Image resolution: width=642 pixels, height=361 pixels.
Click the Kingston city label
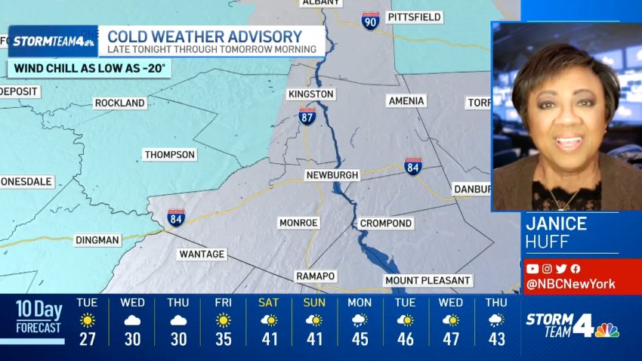(310, 94)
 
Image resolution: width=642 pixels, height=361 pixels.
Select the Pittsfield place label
(413, 17)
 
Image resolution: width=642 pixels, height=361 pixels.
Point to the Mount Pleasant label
(427, 280)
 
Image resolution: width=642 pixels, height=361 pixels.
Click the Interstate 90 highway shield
(370, 20)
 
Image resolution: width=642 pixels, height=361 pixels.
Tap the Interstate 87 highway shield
(307, 116)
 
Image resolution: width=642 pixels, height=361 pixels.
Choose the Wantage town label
(202, 254)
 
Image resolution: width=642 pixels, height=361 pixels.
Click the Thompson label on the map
(170, 154)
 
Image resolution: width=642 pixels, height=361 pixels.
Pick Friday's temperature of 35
(223, 339)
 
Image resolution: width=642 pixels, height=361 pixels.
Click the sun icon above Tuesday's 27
(88, 320)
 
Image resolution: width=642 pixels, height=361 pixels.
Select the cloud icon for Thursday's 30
(178, 320)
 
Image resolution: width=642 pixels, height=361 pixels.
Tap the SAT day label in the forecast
(268, 302)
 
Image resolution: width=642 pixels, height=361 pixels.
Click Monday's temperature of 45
(360, 339)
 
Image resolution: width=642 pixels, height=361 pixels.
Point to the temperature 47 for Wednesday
(451, 339)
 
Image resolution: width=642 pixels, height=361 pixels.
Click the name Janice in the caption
(557, 224)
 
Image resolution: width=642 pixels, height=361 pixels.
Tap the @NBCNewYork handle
(571, 284)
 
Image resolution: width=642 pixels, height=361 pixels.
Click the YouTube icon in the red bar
(532, 268)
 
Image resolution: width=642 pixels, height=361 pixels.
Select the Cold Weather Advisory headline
(205, 36)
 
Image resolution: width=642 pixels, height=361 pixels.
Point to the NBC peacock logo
(607, 330)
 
